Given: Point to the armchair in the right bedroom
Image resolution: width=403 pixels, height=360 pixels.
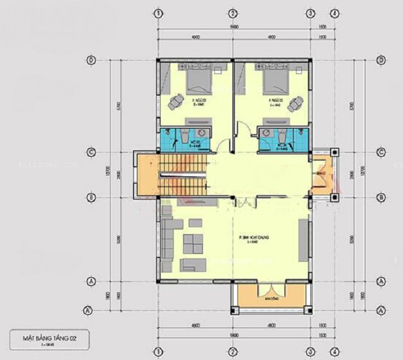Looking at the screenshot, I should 295,106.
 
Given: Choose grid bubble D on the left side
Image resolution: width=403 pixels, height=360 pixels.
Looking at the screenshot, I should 91,60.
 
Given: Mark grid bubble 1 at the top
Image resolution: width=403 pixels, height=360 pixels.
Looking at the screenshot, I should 159,13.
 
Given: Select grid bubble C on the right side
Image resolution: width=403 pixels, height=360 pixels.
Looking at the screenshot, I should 380,152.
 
